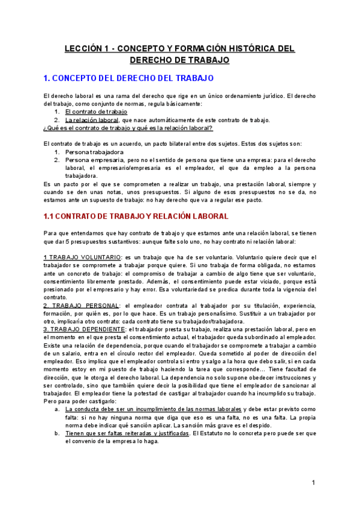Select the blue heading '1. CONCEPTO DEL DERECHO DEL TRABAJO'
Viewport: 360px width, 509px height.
pos(130,79)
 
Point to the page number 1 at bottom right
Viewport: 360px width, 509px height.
pos(313,483)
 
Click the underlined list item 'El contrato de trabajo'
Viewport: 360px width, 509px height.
pos(96,112)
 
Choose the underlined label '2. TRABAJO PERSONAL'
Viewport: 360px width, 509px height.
pos(84,306)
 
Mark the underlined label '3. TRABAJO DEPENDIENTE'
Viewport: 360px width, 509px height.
pos(86,330)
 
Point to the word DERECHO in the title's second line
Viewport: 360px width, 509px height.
pos(155,60)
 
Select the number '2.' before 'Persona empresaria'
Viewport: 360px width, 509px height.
pos(56,160)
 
